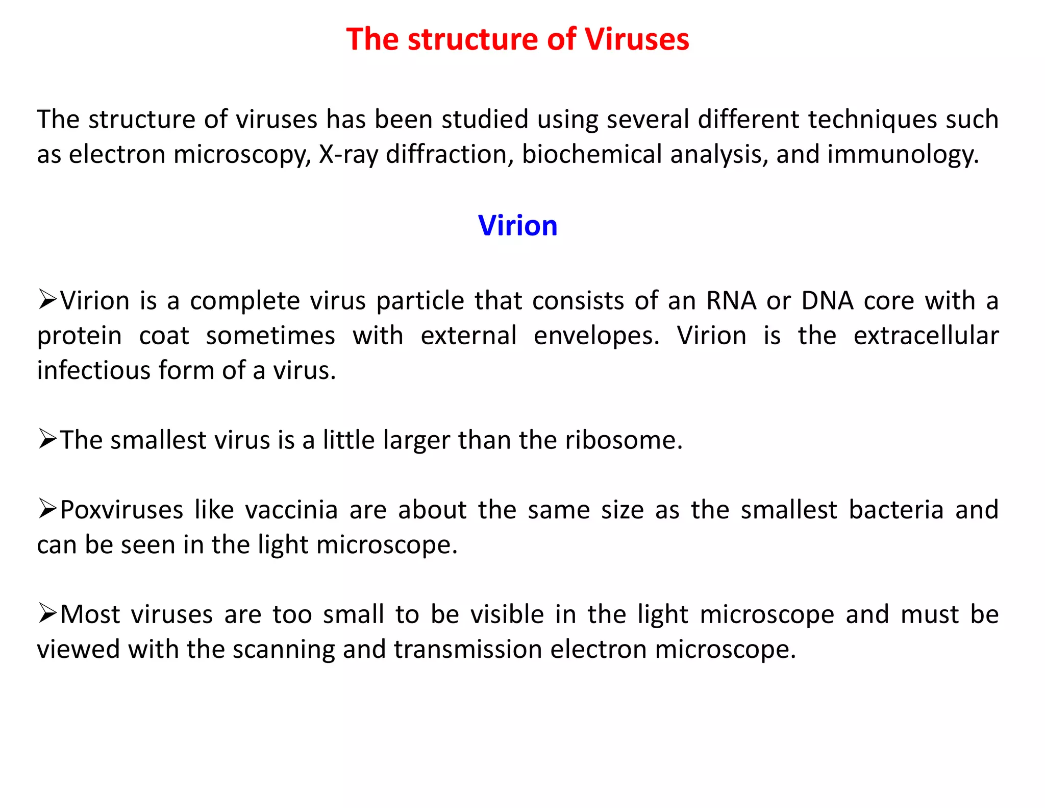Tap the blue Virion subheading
click(517, 225)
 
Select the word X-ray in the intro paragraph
click(349, 154)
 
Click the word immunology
click(903, 154)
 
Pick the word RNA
click(731, 301)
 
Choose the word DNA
click(827, 301)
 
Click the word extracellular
click(926, 336)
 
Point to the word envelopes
click(596, 336)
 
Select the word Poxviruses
click(121, 510)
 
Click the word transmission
click(468, 649)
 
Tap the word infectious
click(93, 370)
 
